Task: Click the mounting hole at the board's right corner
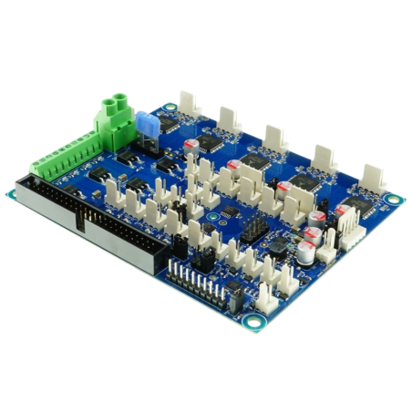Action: tap(392, 199)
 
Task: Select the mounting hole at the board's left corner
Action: tap(16, 192)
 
